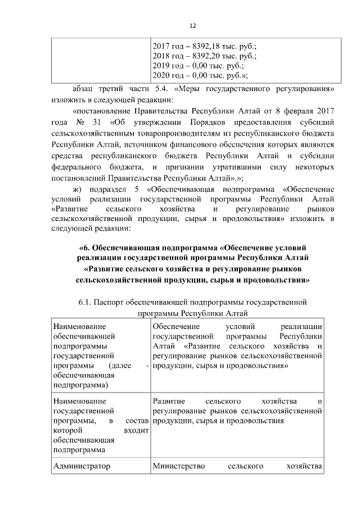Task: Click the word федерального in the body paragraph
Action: pos(76,166)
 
